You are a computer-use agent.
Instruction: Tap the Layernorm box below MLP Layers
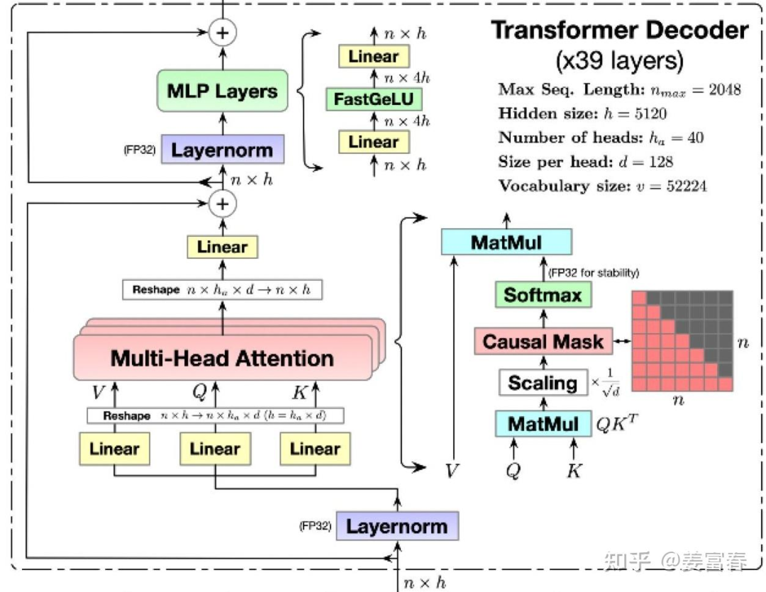[222, 150]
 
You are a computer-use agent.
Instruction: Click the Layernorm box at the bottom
[396, 527]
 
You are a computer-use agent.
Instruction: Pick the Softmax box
[543, 295]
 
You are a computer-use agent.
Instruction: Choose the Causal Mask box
[543, 342]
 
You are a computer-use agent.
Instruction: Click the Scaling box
[543, 383]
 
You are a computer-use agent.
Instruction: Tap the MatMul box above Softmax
[506, 242]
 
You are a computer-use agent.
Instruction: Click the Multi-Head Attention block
[222, 357]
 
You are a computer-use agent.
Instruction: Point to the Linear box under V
[114, 449]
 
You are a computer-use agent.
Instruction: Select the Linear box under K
[315, 449]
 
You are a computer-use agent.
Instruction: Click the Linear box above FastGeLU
[374, 57]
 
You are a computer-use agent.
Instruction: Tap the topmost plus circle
[223, 33]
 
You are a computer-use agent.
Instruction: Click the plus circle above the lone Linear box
[223, 204]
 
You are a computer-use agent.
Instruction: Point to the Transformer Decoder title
[619, 30]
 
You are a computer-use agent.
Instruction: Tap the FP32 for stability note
[594, 272]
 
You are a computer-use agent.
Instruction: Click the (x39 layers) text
[619, 61]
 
